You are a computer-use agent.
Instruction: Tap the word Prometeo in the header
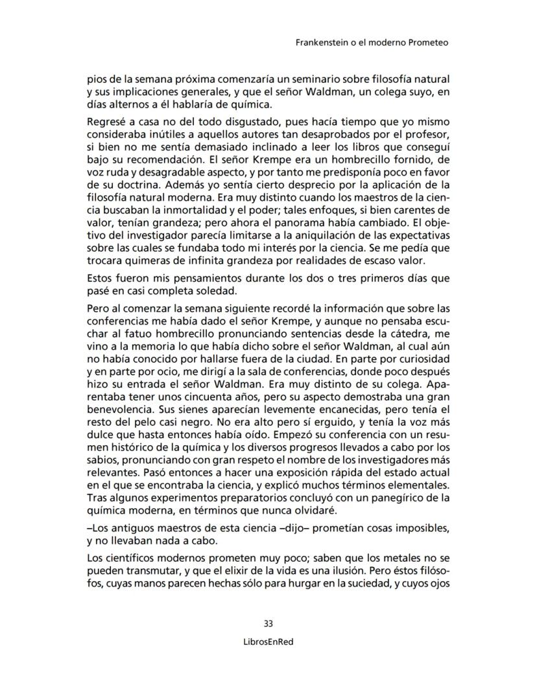pyautogui.click(x=429, y=43)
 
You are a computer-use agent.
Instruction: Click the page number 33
pyautogui.click(x=268, y=624)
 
